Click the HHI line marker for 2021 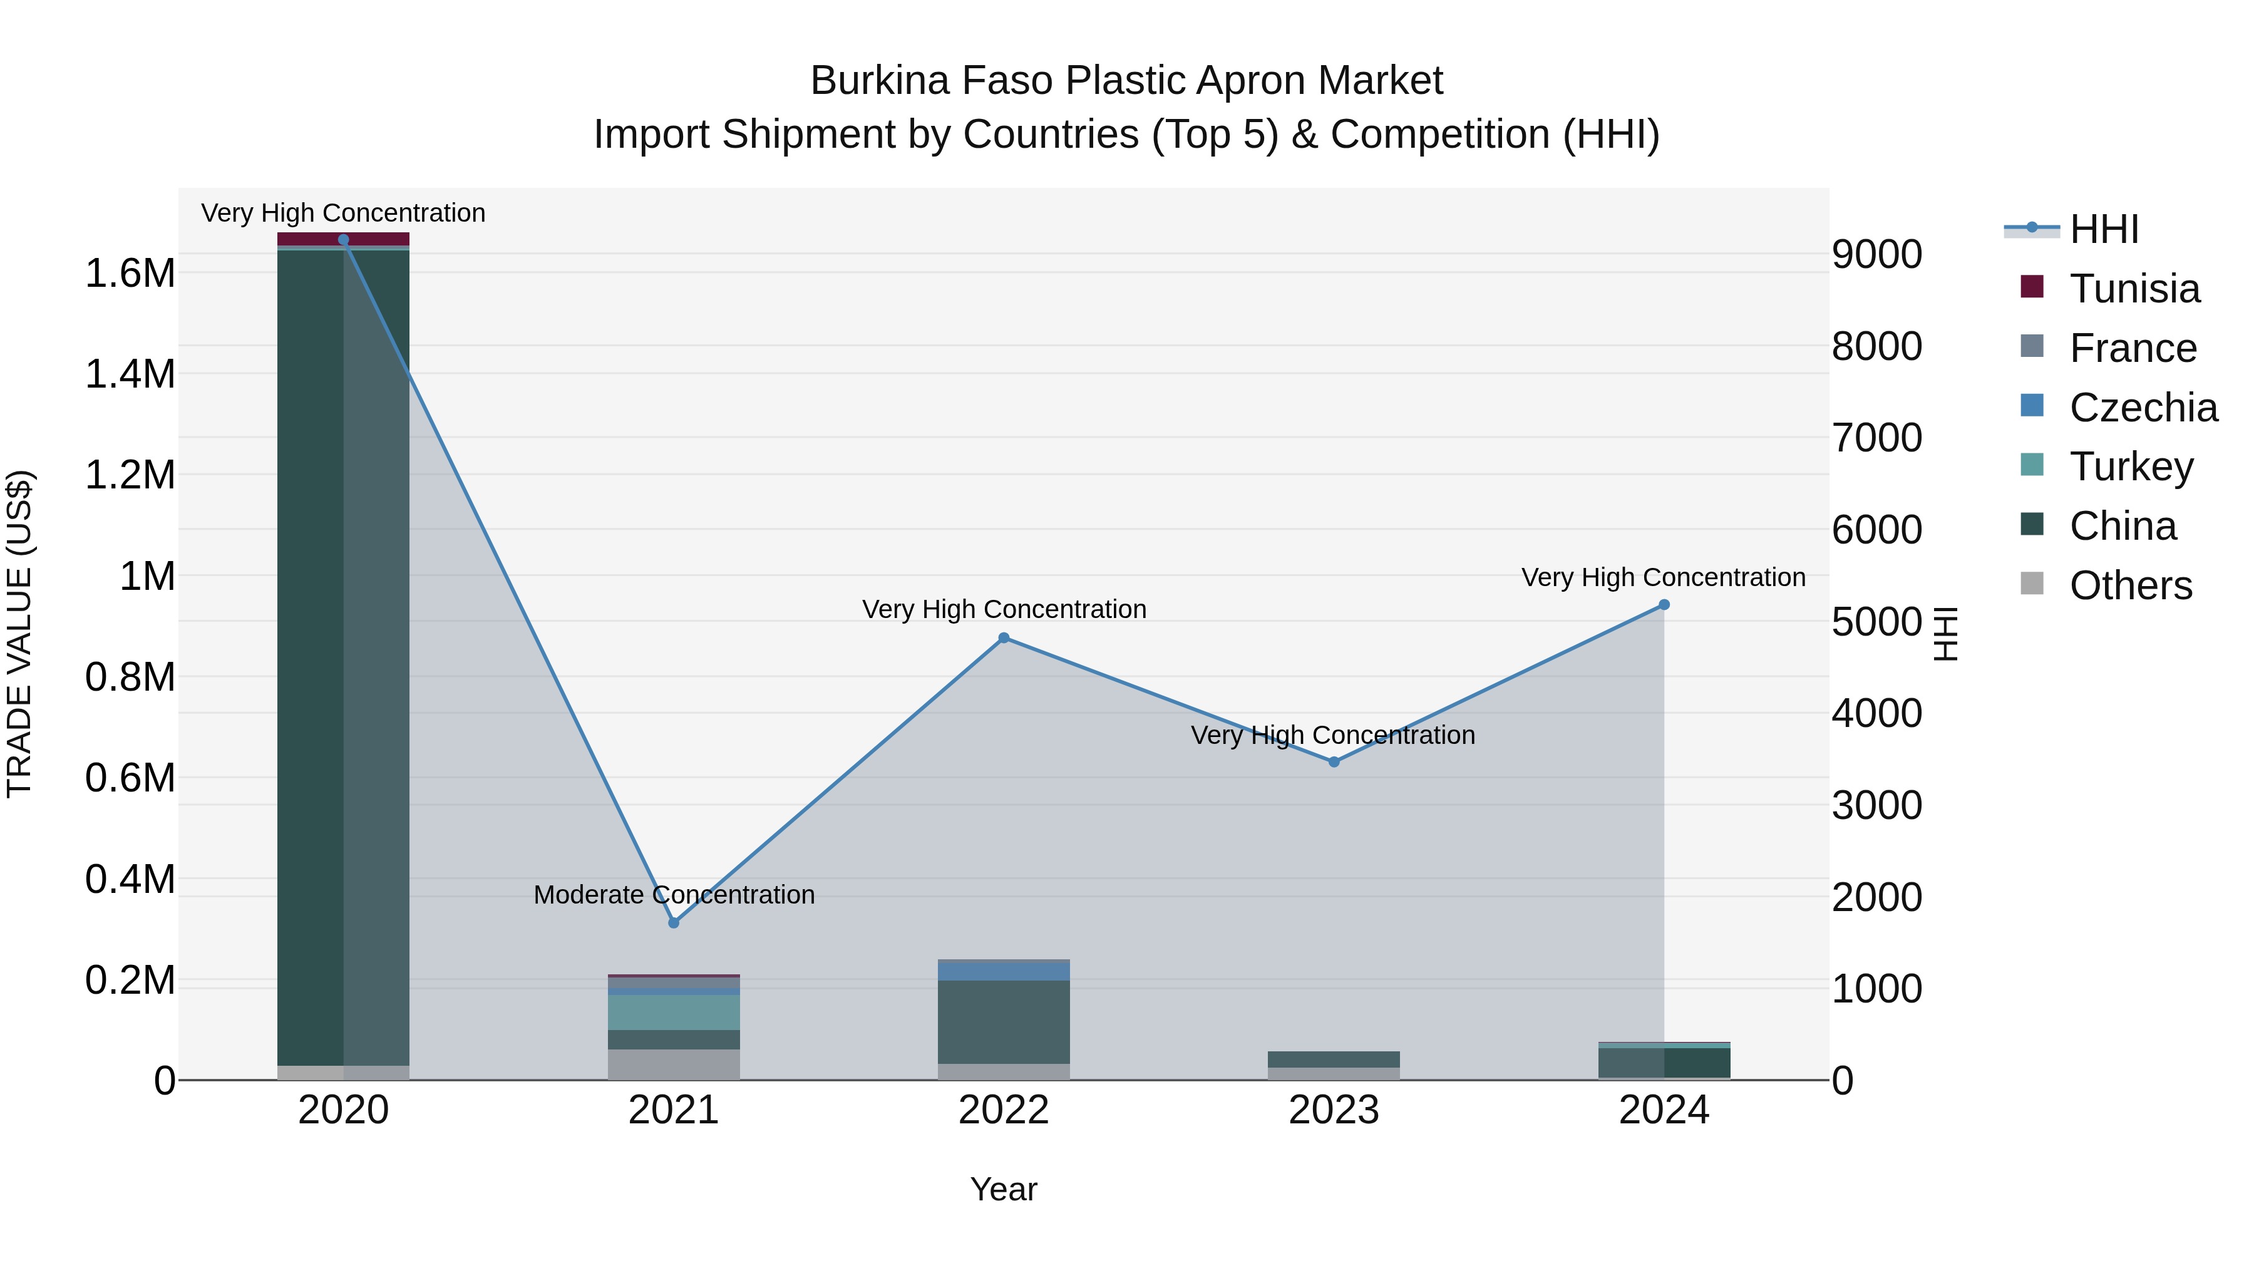[674, 922]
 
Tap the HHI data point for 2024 [1664, 605]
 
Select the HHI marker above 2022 [1004, 638]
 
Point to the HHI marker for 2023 [1334, 762]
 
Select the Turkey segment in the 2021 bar [674, 1013]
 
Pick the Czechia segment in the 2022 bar [1004, 971]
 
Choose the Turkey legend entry [2131, 466]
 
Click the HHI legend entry [2104, 229]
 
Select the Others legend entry [2130, 585]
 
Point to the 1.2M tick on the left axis [130, 475]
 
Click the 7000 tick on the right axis [1877, 438]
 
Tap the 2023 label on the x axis [1334, 1110]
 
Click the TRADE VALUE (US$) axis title [19, 634]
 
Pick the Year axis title [1004, 1189]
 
